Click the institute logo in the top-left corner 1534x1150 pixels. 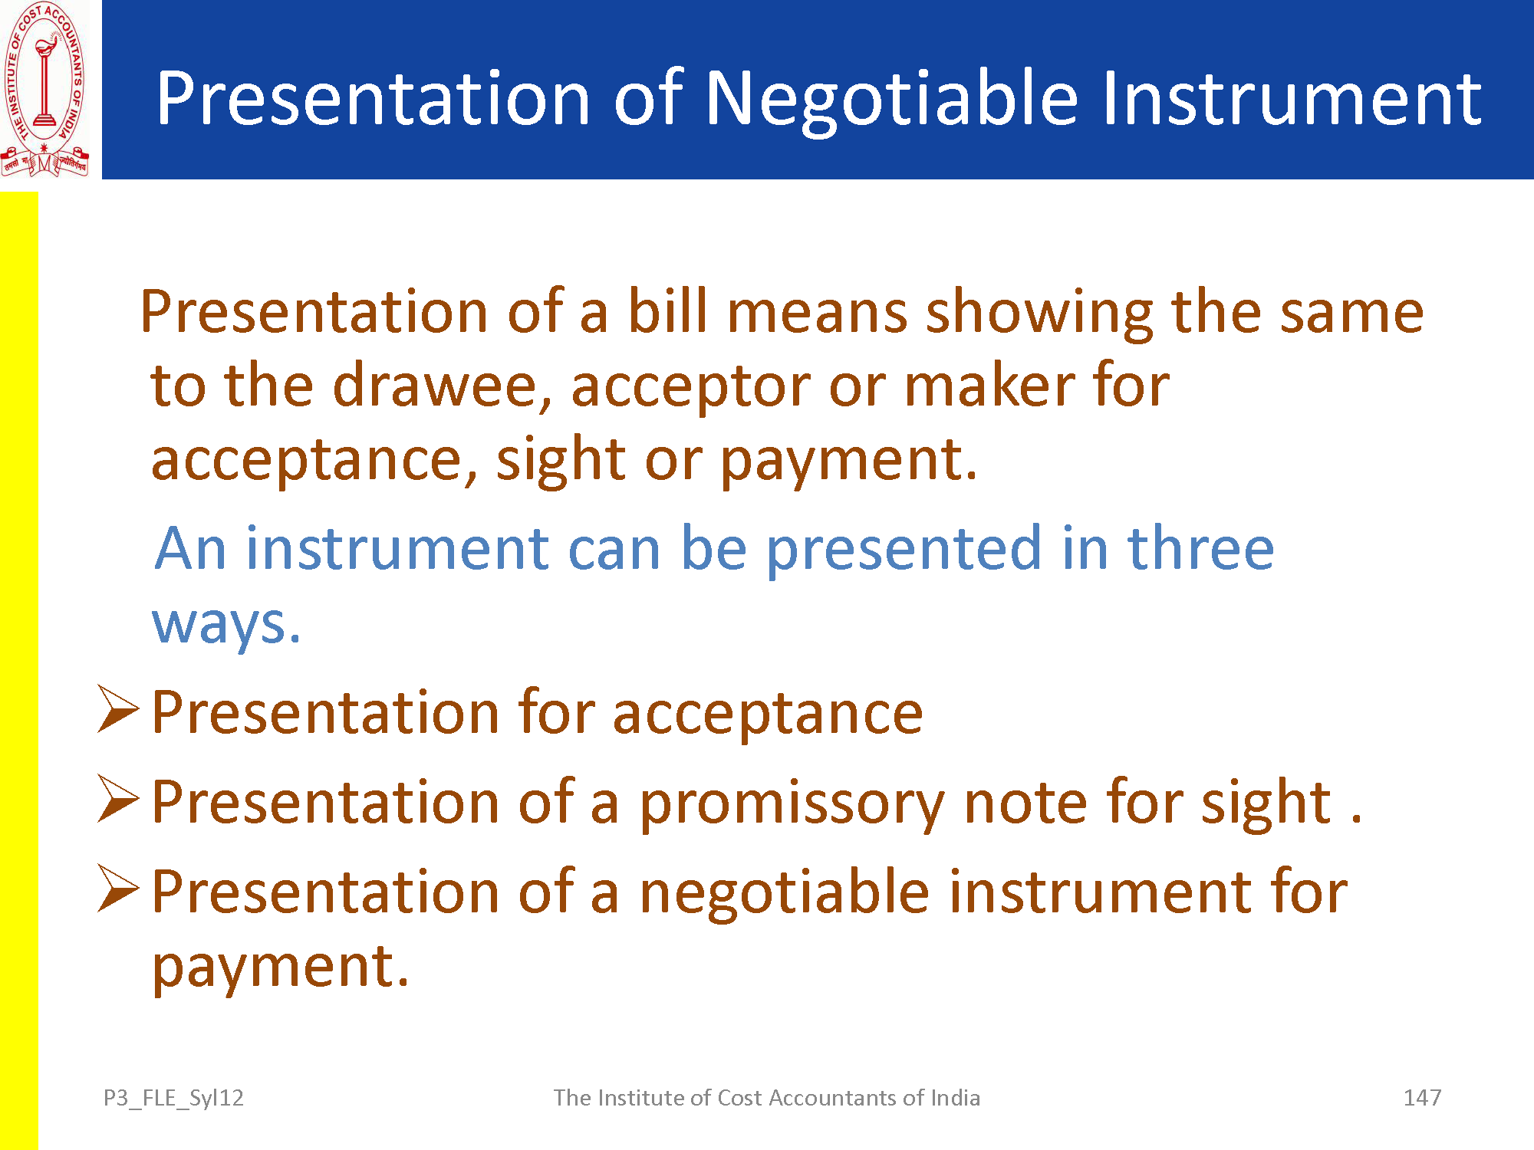44,90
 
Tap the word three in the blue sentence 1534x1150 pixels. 1200,548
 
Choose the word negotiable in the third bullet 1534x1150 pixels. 785,893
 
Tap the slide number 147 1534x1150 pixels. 1422,1098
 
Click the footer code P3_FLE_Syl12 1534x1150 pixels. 173,1099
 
